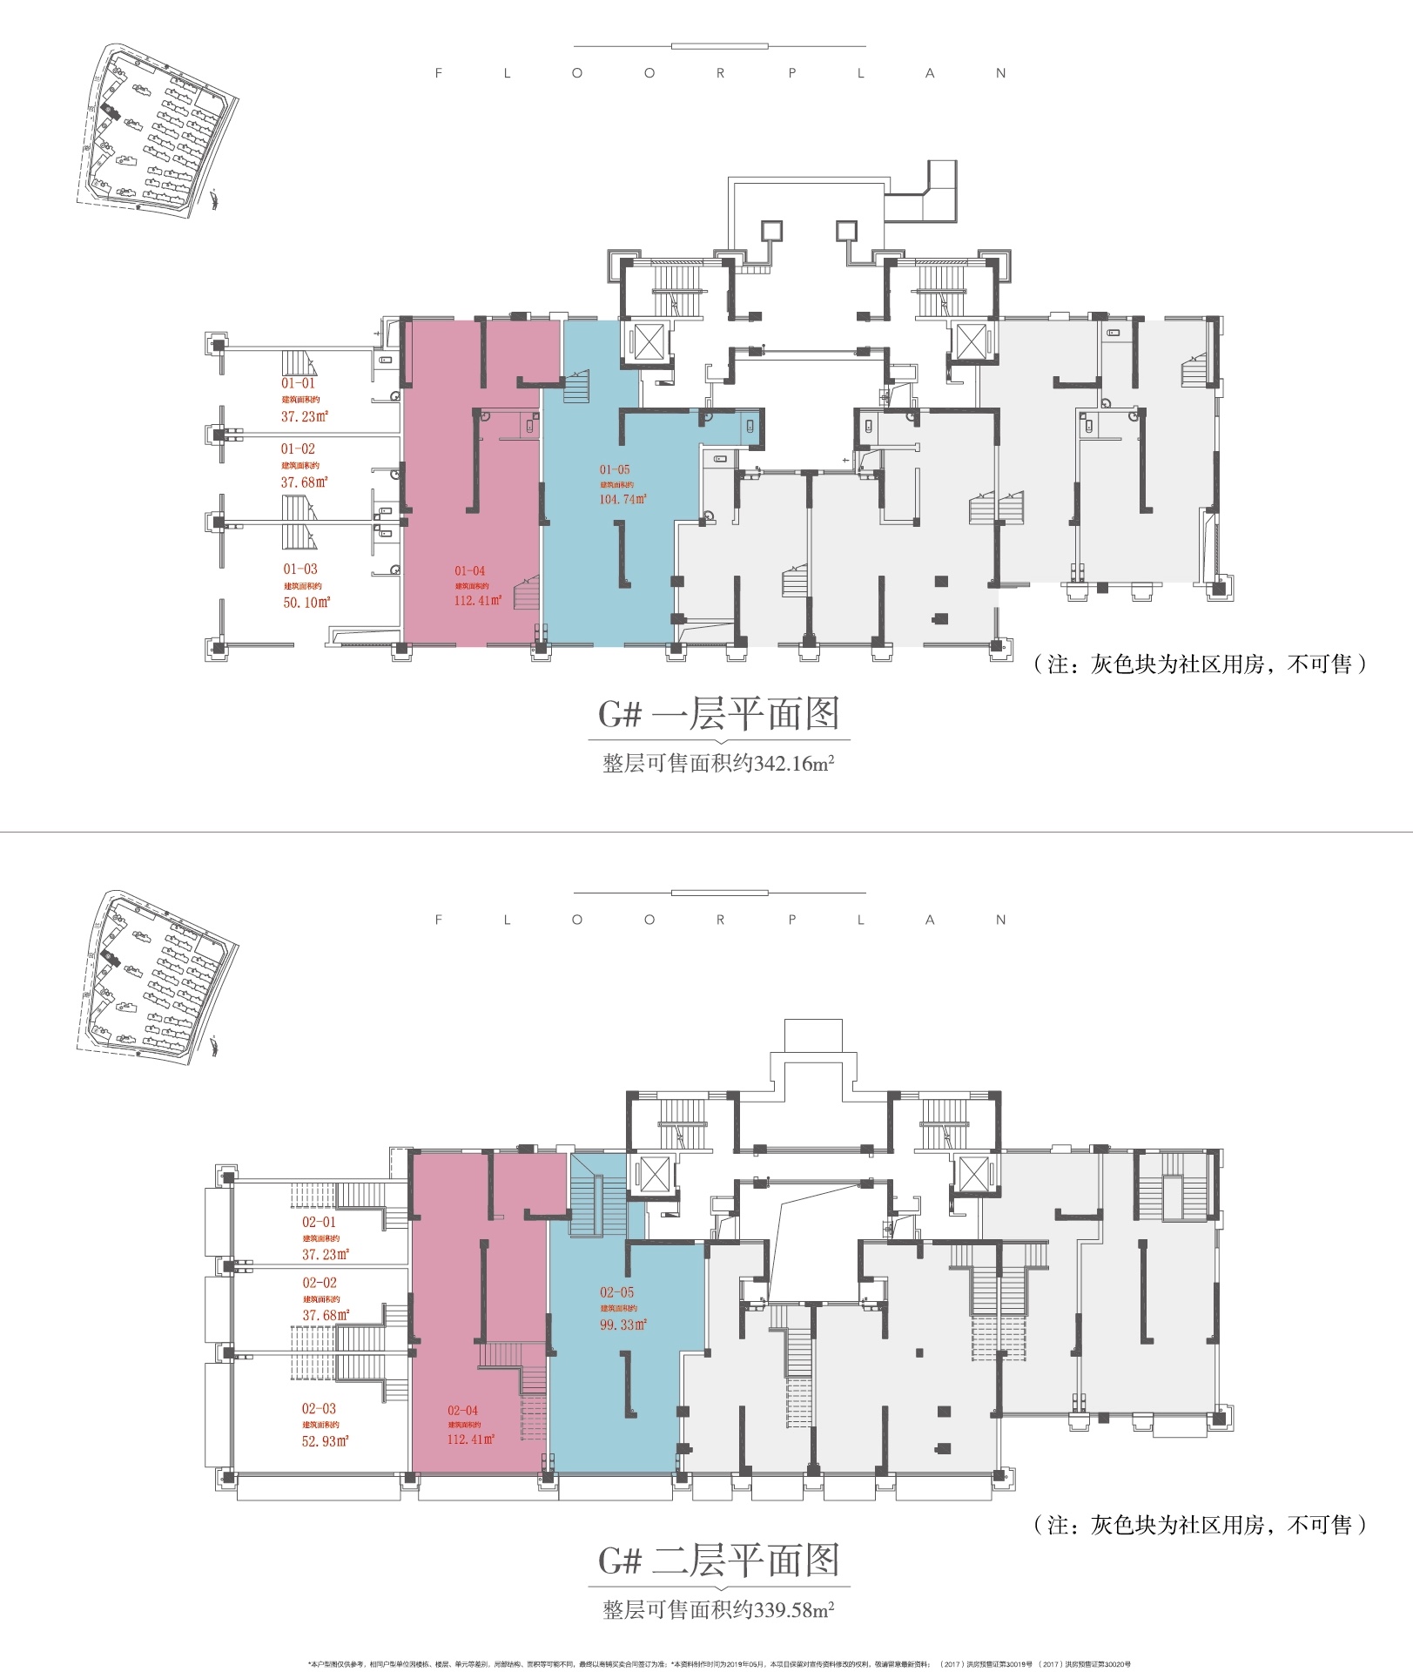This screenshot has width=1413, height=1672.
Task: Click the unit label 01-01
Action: pos(298,383)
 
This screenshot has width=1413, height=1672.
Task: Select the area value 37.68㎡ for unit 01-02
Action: pos(304,482)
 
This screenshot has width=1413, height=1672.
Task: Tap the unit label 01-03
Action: pos(300,569)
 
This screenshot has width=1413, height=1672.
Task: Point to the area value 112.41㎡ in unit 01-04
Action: pos(477,600)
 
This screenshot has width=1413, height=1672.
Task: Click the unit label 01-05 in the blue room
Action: pos(615,469)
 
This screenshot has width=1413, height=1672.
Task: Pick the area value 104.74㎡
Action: pos(622,499)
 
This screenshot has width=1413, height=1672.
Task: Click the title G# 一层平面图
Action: pos(718,714)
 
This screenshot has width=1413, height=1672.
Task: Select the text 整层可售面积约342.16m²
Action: pos(718,764)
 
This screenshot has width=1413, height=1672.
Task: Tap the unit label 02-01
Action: pos(319,1222)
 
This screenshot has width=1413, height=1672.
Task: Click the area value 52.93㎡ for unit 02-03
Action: pos(325,1440)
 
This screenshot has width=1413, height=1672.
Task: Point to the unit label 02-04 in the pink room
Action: pos(463,1410)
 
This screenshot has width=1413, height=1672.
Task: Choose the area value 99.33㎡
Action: pos(622,1325)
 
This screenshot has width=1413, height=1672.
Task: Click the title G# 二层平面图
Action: pos(718,1561)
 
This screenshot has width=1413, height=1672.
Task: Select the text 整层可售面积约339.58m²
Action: pos(718,1610)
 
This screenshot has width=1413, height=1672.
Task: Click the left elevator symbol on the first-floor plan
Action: pos(648,340)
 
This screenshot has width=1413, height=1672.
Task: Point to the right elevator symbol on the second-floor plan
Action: pos(973,1174)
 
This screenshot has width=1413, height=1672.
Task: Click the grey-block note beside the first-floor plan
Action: pos(1200,664)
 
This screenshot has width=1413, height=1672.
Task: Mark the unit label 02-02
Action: pos(320,1283)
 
